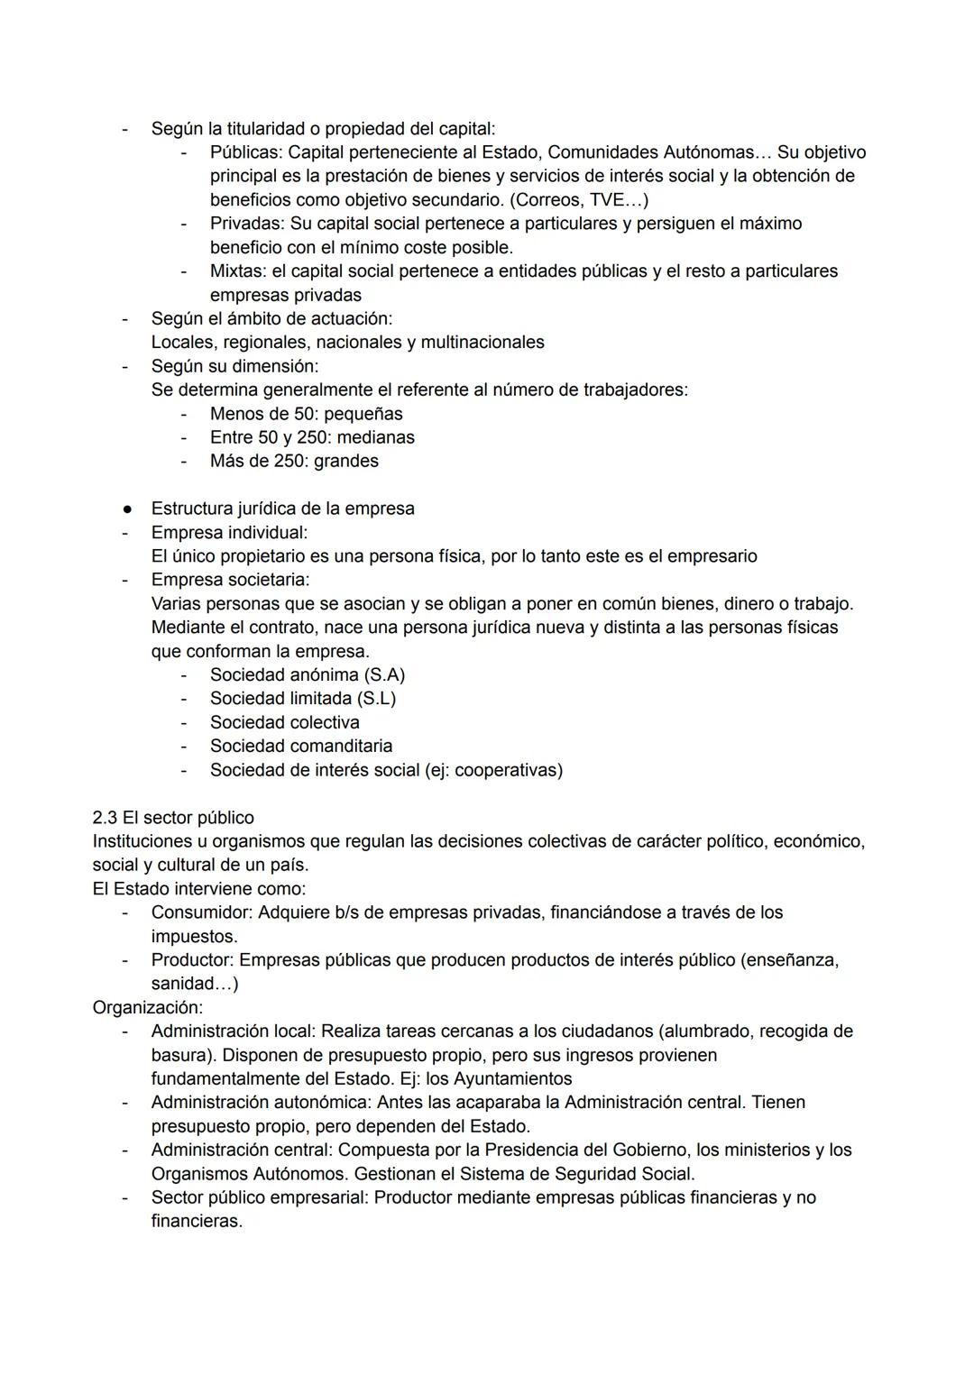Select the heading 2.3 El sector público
pyautogui.click(x=173, y=817)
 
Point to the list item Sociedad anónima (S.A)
pyautogui.click(x=307, y=674)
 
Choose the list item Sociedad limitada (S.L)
pyautogui.click(x=302, y=698)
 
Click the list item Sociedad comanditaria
pyautogui.click(x=300, y=746)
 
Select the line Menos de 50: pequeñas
pyautogui.click(x=306, y=414)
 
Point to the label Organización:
pyautogui.click(x=148, y=1007)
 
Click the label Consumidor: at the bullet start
pyautogui.click(x=202, y=912)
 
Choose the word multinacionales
pyautogui.click(x=482, y=342)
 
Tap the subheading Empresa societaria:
pyautogui.click(x=230, y=579)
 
